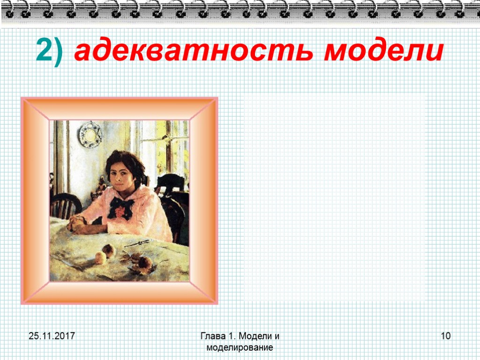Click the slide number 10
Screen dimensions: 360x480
click(446, 336)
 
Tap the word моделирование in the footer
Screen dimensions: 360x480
click(240, 347)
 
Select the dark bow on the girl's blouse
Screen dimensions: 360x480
click(120, 207)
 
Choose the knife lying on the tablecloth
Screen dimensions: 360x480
click(137, 243)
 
